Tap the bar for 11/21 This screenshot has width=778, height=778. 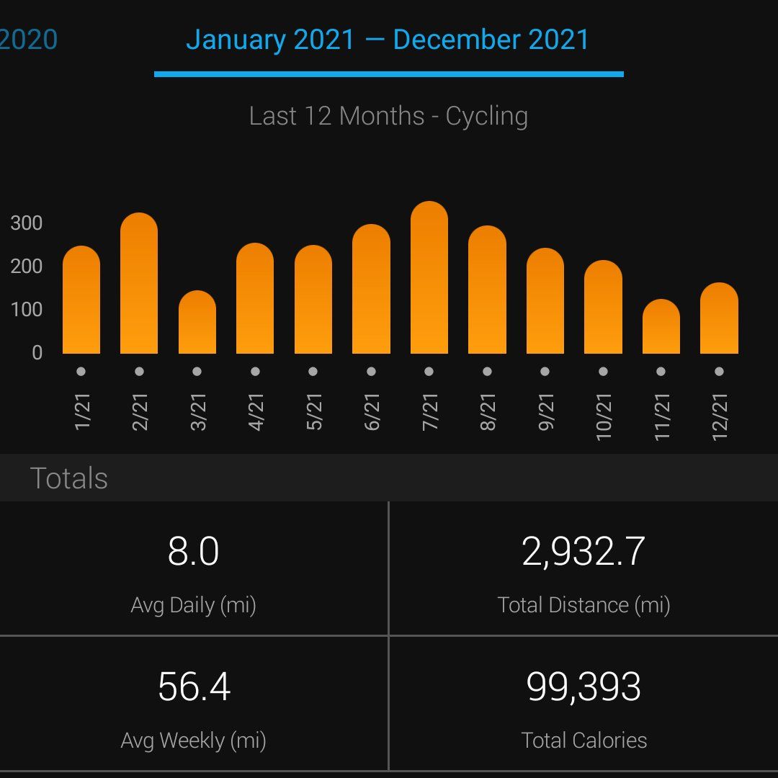tap(661, 327)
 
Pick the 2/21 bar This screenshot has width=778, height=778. tap(139, 284)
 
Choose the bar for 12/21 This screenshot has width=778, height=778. tap(719, 318)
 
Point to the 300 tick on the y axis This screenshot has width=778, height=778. tap(27, 223)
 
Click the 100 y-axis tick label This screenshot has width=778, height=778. tap(27, 310)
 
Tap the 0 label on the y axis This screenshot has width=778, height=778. tap(37, 353)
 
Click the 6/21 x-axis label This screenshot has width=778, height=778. tap(372, 412)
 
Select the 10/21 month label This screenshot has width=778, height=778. tap(604, 416)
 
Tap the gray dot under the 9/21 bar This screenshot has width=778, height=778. tap(545, 372)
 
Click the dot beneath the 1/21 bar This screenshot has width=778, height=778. tap(81, 372)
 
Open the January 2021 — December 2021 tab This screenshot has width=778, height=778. tap(388, 40)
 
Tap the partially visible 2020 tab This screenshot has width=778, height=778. tap(29, 40)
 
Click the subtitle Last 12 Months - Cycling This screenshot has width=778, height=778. tap(388, 116)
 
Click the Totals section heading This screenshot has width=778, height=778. tap(69, 478)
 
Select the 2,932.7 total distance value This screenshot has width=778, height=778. tap(583, 552)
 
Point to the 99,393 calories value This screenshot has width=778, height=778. tap(583, 687)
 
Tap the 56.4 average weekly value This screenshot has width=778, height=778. tap(194, 687)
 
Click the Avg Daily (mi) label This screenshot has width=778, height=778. tap(194, 605)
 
